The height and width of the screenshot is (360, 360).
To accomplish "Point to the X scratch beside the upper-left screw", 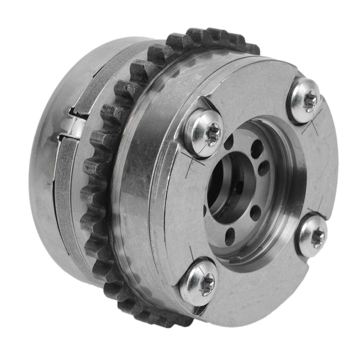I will (195, 161).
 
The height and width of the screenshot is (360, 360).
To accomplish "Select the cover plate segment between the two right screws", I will (327, 166).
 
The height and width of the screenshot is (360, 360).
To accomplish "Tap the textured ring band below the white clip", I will (66, 188).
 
